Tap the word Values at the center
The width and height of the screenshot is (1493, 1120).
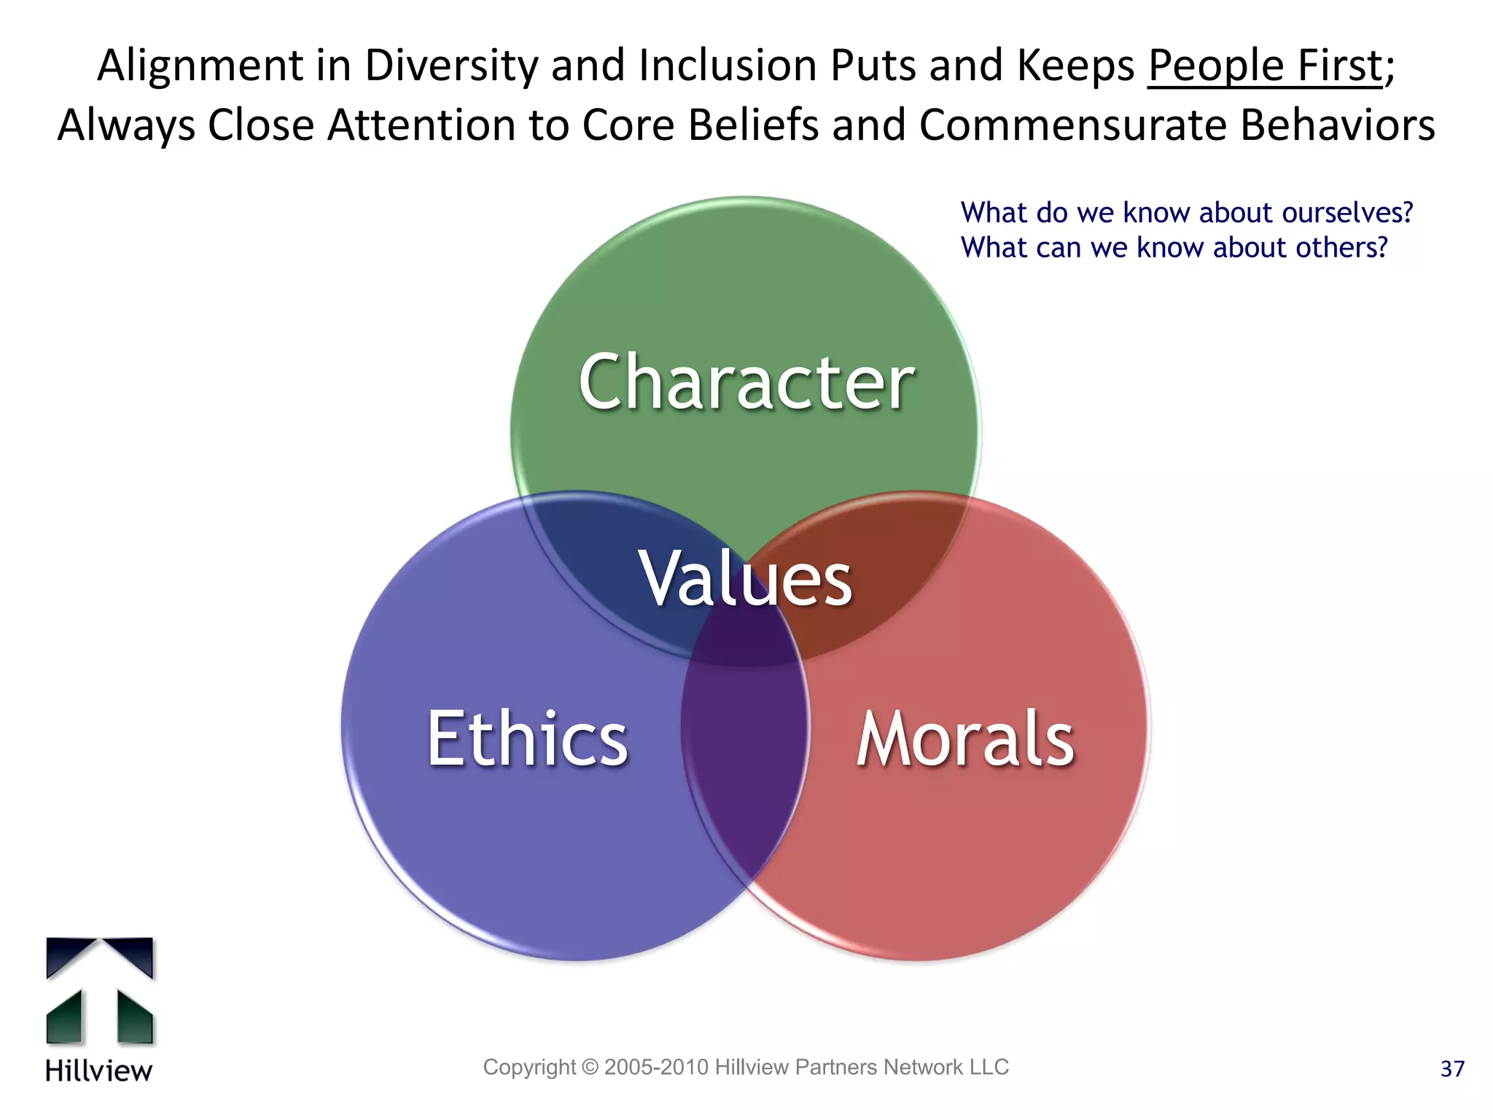tap(745, 578)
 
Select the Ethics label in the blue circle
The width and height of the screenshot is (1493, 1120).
tap(527, 739)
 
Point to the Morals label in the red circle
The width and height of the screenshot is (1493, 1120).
tap(964, 739)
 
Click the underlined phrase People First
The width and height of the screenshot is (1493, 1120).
tap(1265, 66)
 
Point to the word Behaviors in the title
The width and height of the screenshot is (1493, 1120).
tap(1338, 125)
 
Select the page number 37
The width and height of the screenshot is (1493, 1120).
tap(1452, 1069)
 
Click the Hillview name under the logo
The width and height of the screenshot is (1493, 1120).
tap(98, 1070)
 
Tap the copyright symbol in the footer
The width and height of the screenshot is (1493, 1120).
tap(590, 1067)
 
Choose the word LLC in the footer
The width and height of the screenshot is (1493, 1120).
tap(989, 1067)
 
